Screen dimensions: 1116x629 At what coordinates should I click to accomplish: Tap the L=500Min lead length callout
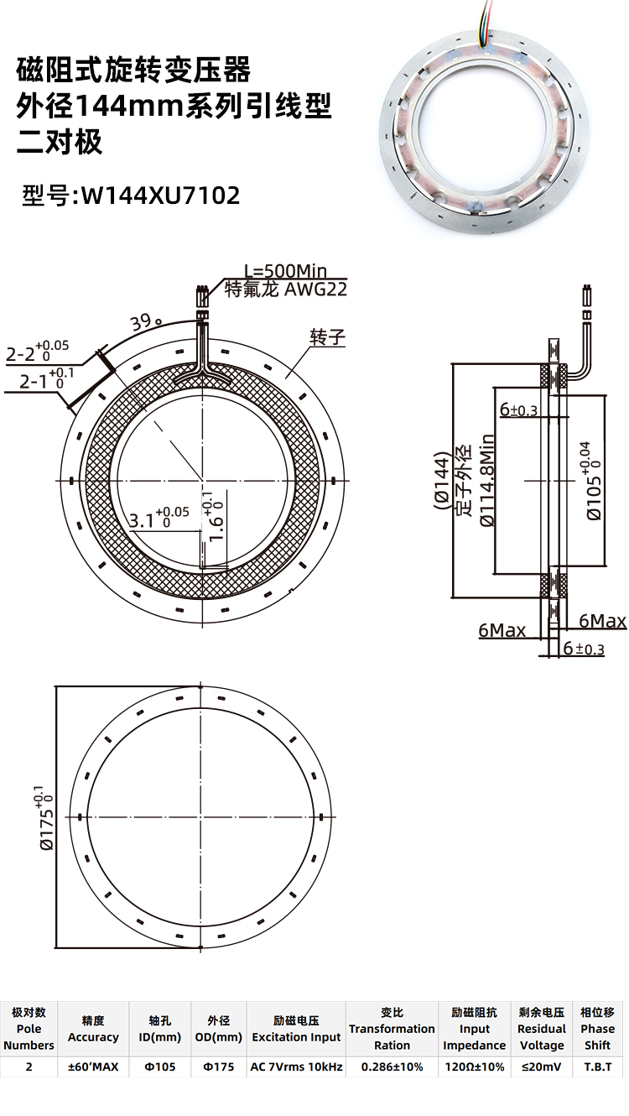(284, 271)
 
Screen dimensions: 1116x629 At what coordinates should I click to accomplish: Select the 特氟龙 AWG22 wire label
(286, 290)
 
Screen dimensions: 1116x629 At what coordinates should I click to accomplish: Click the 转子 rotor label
(327, 337)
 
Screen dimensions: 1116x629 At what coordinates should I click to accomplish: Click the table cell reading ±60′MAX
(93, 1067)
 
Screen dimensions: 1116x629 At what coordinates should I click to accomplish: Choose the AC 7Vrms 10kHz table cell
(296, 1067)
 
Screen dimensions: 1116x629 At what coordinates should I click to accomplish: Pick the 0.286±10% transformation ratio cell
(392, 1067)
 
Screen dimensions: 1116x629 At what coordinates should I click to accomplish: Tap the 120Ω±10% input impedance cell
(474, 1067)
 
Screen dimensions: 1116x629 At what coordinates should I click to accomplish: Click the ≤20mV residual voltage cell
(541, 1067)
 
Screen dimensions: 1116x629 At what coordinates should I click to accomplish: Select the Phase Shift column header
(597, 1029)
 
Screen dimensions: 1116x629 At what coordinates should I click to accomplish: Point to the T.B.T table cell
(597, 1067)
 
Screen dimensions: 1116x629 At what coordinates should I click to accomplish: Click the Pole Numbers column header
(29, 1029)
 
